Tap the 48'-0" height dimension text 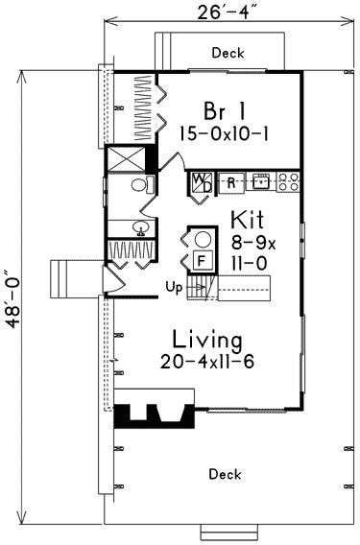pos(12,299)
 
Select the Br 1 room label pos(225,111)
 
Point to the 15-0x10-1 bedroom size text pos(224,133)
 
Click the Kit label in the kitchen pos(248,220)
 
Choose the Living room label pos(207,340)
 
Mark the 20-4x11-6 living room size pos(207,362)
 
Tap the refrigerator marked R pos(231,182)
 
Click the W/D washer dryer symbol pos(202,183)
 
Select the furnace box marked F pos(201,260)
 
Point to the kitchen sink pos(261,181)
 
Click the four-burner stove pos(288,181)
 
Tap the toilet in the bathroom pos(143,184)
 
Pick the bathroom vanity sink pos(141,228)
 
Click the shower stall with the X pos(126,159)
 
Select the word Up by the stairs pos(174,288)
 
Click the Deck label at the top pos(228,53)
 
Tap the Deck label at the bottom pos(225,474)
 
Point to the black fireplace pos(155,416)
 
